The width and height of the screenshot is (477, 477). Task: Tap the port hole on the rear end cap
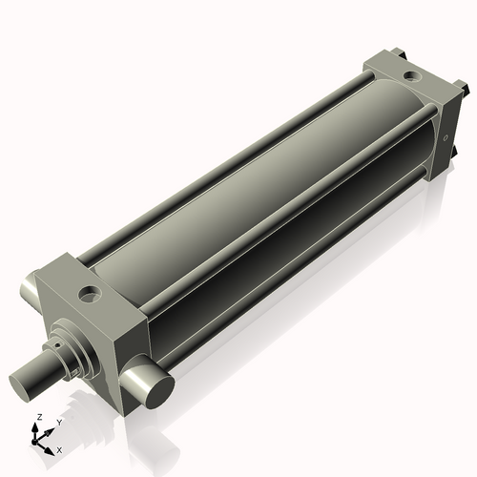pyautogui.click(x=410, y=74)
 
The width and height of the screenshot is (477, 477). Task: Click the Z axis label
pyautogui.click(x=38, y=418)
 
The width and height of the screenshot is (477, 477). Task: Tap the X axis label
pyautogui.click(x=59, y=448)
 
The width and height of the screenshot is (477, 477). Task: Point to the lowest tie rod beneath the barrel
pyautogui.click(x=286, y=291)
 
